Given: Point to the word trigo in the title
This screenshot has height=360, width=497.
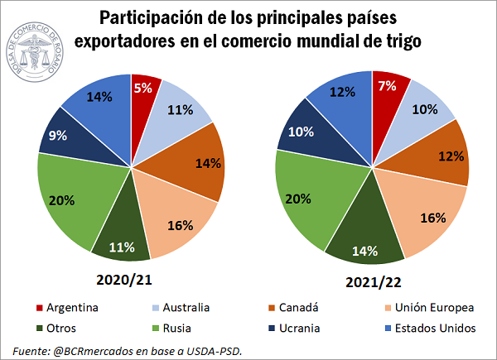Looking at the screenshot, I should pyautogui.click(x=397, y=39).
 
